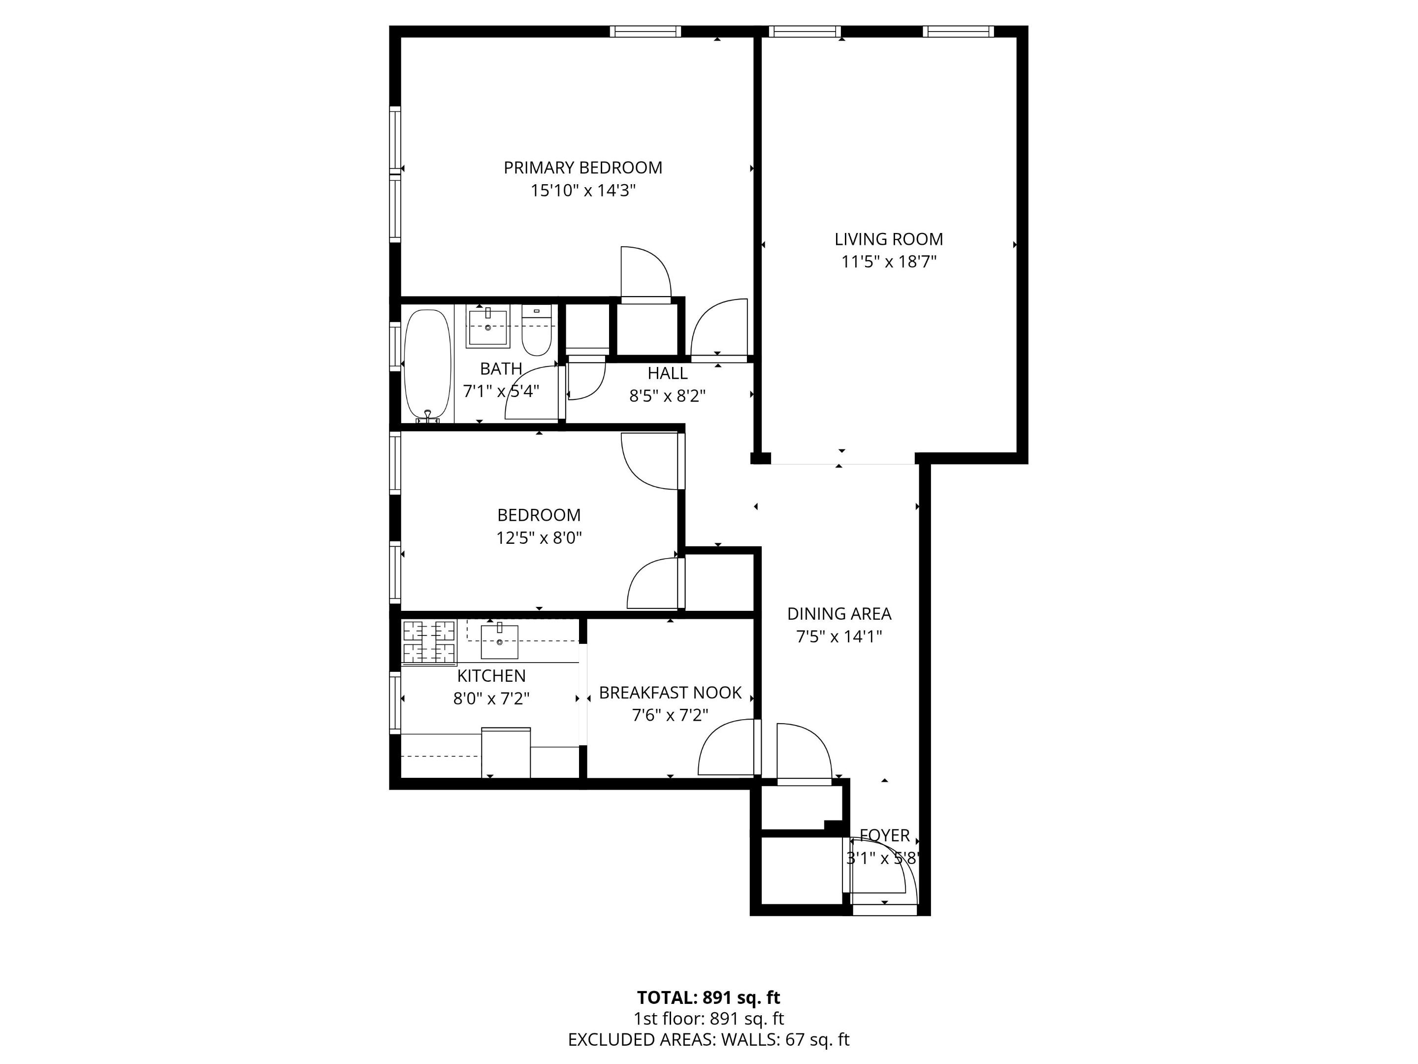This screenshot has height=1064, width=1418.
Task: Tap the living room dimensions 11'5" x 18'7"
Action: pyautogui.click(x=889, y=262)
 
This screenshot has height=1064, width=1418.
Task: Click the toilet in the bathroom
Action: pyautogui.click(x=537, y=331)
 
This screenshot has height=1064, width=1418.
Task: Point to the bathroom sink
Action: pyautogui.click(x=488, y=328)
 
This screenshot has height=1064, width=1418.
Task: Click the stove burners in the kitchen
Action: pyautogui.click(x=429, y=642)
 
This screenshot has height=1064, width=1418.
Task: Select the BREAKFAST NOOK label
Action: pyautogui.click(x=670, y=693)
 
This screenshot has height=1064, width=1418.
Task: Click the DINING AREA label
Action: pyautogui.click(x=838, y=614)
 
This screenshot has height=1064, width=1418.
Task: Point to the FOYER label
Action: pyautogui.click(x=885, y=835)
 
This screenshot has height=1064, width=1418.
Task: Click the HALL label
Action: pyautogui.click(x=667, y=373)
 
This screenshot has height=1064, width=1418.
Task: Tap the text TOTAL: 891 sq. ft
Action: pyautogui.click(x=709, y=997)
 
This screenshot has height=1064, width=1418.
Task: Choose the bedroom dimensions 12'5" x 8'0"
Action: pyautogui.click(x=539, y=537)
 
